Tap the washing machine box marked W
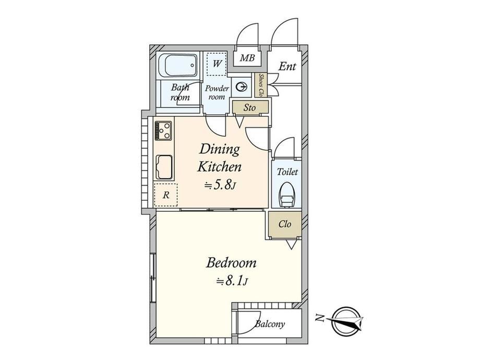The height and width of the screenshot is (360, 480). [x=217, y=64]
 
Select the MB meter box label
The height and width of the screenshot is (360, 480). [x=247, y=57]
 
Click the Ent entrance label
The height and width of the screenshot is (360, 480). [x=287, y=66]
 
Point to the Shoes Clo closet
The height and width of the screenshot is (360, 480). [x=261, y=85]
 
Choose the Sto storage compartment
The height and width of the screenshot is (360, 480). [x=250, y=107]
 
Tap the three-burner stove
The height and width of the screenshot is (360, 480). [x=163, y=131]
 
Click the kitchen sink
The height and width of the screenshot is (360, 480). [x=164, y=167]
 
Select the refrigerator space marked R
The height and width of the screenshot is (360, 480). [x=165, y=195]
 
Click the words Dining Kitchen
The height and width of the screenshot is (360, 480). [x=219, y=158]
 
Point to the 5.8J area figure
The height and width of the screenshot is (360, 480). [x=220, y=186]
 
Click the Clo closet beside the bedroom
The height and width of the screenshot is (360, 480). [x=285, y=224]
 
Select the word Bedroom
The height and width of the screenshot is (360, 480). [x=231, y=262]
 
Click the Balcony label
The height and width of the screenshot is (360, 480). [x=270, y=324]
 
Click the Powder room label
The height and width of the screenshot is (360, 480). [x=217, y=92]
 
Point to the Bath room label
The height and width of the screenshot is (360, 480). [x=180, y=92]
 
